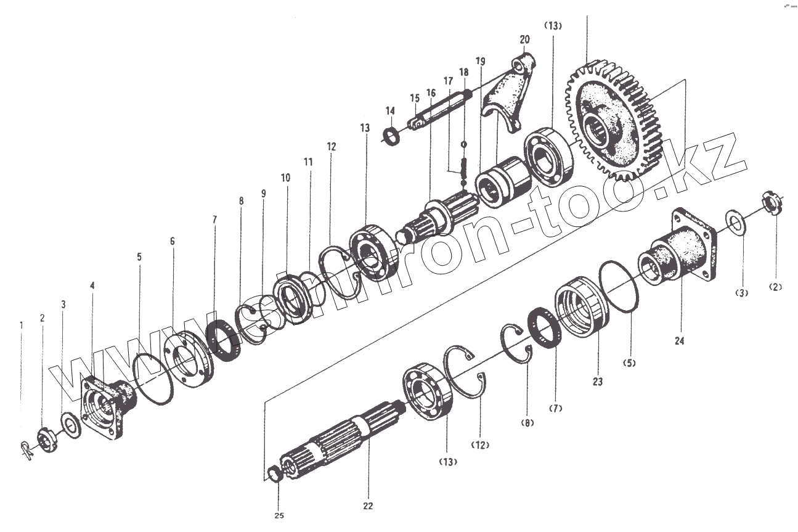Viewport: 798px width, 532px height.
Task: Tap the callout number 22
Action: tap(368, 506)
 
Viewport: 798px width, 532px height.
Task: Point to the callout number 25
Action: tap(279, 515)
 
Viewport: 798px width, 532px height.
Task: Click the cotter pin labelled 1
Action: tap(28, 449)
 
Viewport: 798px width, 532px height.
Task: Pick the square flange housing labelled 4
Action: tap(108, 407)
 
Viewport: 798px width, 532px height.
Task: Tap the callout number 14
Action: tap(390, 111)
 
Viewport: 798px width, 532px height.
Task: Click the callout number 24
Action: tap(679, 341)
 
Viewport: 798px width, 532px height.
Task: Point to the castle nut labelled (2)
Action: tap(772, 203)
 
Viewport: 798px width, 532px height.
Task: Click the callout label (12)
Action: tap(480, 444)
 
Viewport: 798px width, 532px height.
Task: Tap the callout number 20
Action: tap(524, 40)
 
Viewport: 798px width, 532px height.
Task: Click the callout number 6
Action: tap(172, 241)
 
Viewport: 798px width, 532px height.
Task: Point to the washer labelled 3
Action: tap(71, 426)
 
